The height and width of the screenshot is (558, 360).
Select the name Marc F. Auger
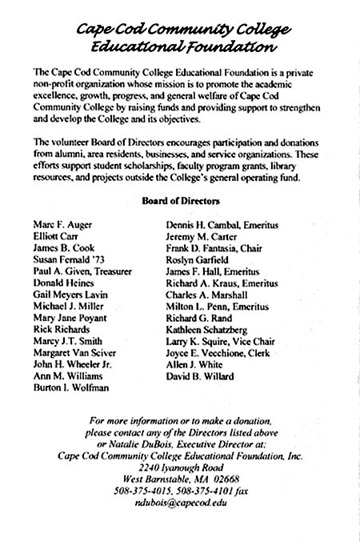pyautogui.click(x=60, y=225)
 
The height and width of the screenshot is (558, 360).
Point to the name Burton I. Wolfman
pyautogui.click(x=69, y=387)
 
